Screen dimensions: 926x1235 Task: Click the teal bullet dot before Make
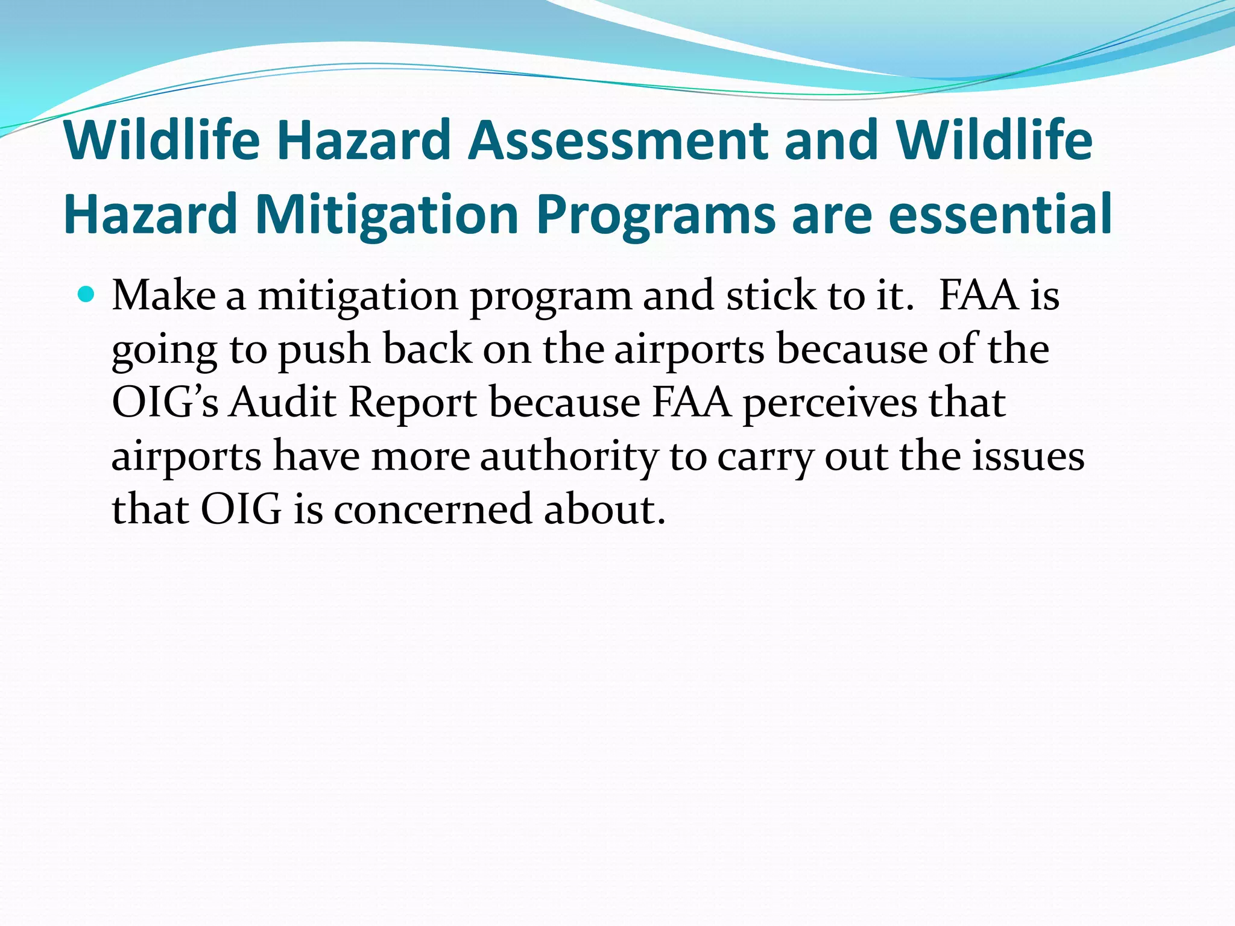tap(87, 295)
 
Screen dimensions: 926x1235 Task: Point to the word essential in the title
tap(1000, 214)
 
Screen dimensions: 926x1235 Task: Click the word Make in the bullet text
tap(163, 296)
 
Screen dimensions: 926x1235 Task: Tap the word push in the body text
tap(324, 350)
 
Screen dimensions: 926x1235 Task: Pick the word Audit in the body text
tap(282, 402)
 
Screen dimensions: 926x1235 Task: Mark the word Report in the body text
tap(412, 403)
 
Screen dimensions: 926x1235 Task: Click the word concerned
tap(432, 509)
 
